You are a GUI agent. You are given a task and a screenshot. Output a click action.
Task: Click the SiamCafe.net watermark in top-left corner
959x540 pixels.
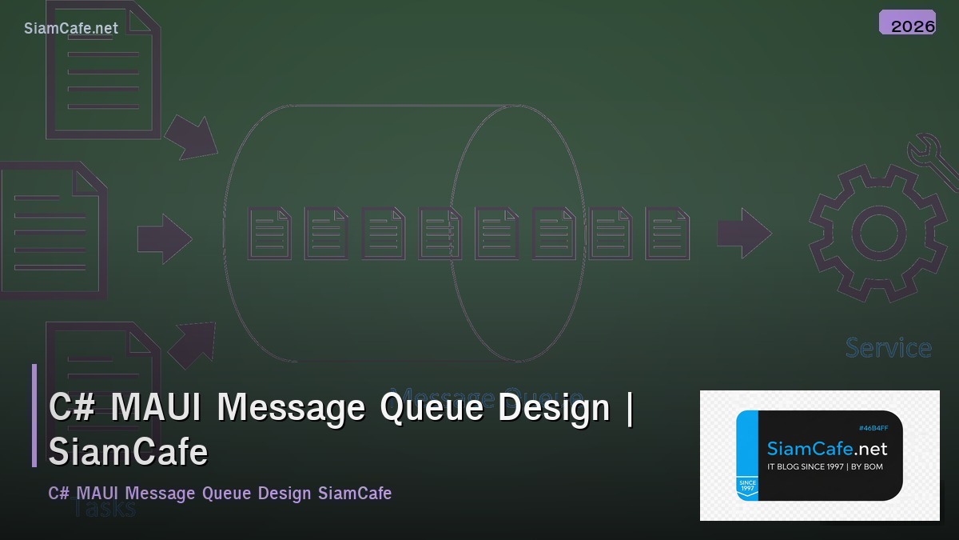[70, 28]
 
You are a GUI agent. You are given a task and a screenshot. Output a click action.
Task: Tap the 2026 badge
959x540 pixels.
[907, 23]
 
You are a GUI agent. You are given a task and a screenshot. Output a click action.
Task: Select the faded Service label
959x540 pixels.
[888, 348]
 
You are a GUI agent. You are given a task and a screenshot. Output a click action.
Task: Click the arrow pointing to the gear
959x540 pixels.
[743, 234]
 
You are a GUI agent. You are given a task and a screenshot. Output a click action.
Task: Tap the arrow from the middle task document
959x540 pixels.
[164, 238]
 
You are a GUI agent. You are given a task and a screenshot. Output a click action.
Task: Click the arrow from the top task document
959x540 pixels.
[192, 138]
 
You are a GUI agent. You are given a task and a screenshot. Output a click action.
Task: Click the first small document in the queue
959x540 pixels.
[269, 234]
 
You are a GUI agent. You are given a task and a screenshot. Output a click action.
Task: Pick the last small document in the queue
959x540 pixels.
[667, 234]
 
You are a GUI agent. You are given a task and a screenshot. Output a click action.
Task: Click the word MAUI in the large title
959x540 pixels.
[159, 407]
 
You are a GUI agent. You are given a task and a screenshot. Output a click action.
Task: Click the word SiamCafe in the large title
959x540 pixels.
[128, 452]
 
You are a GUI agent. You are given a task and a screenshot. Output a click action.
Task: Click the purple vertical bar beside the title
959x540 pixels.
[34, 415]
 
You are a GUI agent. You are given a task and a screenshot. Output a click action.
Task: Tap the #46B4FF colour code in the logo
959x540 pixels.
[873, 428]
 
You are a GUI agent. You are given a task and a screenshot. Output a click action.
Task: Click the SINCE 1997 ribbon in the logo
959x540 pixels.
[747, 486]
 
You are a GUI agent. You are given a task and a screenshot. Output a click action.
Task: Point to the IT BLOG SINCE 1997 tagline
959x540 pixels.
[825, 466]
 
